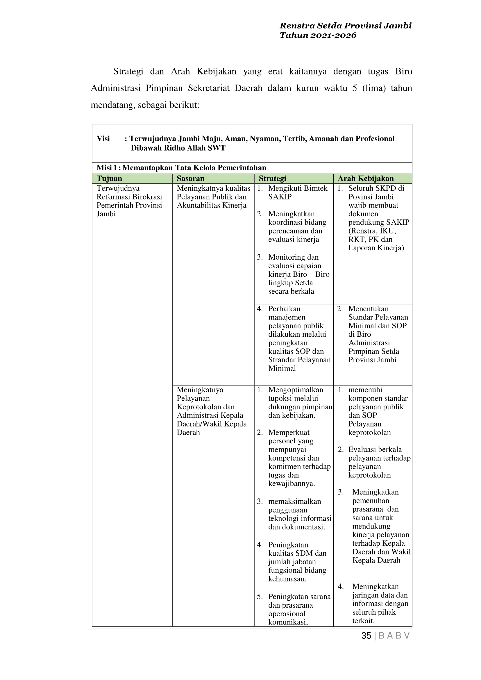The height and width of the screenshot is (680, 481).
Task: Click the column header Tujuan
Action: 109,179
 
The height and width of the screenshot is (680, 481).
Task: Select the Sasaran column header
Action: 190,179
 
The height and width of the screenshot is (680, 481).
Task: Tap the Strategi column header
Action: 273,179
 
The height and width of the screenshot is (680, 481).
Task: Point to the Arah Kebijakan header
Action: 366,179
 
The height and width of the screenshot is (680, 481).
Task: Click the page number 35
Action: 366,636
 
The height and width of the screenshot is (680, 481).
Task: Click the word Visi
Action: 103,139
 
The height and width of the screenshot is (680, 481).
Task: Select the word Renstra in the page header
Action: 297,26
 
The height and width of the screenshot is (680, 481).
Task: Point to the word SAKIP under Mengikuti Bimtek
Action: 280,197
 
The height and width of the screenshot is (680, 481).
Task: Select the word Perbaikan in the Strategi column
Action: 284,309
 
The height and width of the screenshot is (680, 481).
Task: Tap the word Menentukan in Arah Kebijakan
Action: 368,309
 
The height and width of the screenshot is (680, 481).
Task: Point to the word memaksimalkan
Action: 294,501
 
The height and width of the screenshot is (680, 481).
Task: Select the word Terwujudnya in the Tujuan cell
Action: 118,188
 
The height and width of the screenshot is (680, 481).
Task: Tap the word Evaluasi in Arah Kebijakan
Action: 363,449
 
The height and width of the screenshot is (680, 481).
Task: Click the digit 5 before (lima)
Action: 355,88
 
